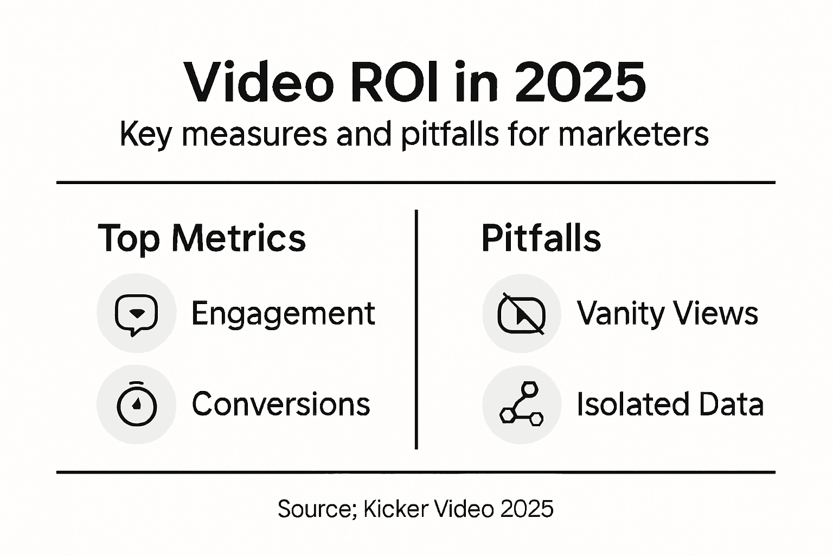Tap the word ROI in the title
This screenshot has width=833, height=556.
click(394, 83)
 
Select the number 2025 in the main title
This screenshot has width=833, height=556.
click(580, 83)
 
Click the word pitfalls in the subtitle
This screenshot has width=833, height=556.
click(450, 134)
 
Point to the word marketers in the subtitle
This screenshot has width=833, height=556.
click(633, 134)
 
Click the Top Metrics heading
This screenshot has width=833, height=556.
click(202, 238)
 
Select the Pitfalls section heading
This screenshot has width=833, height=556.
click(541, 238)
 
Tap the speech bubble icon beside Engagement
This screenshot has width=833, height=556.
click(136, 314)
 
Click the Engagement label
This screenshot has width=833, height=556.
click(283, 314)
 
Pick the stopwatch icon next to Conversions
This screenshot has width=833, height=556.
click(137, 405)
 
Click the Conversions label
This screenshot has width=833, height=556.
click(281, 405)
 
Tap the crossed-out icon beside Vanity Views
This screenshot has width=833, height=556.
click(521, 314)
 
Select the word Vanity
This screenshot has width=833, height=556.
click(620, 314)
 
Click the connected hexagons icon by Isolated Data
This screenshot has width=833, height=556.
click(521, 405)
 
